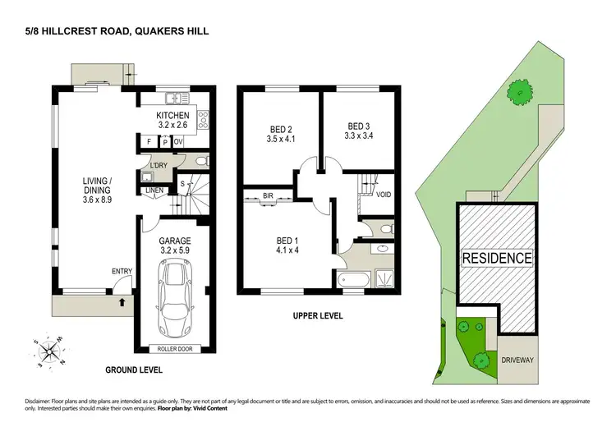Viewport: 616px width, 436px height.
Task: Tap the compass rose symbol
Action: coord(51,352)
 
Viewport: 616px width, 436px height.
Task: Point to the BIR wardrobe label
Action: coord(268,197)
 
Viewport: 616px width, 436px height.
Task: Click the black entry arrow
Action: coord(122,301)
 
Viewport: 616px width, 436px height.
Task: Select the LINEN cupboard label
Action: coord(154,191)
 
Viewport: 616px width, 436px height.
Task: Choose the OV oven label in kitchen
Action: coord(177,140)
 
